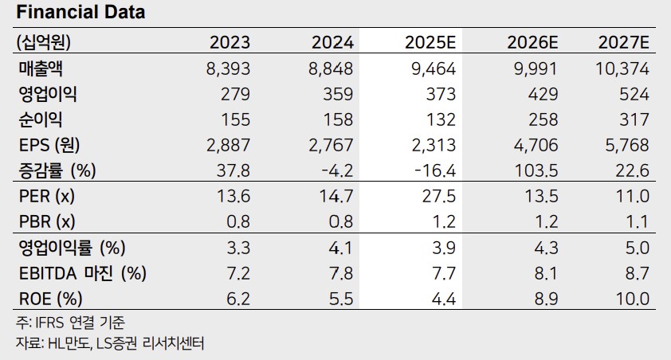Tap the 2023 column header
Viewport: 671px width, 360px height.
tap(230, 42)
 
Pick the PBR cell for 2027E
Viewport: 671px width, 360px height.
tap(638, 222)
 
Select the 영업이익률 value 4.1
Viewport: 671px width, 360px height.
tap(340, 248)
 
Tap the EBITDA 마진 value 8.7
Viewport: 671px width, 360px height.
tap(638, 273)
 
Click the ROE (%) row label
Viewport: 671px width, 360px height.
tap(48, 299)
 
